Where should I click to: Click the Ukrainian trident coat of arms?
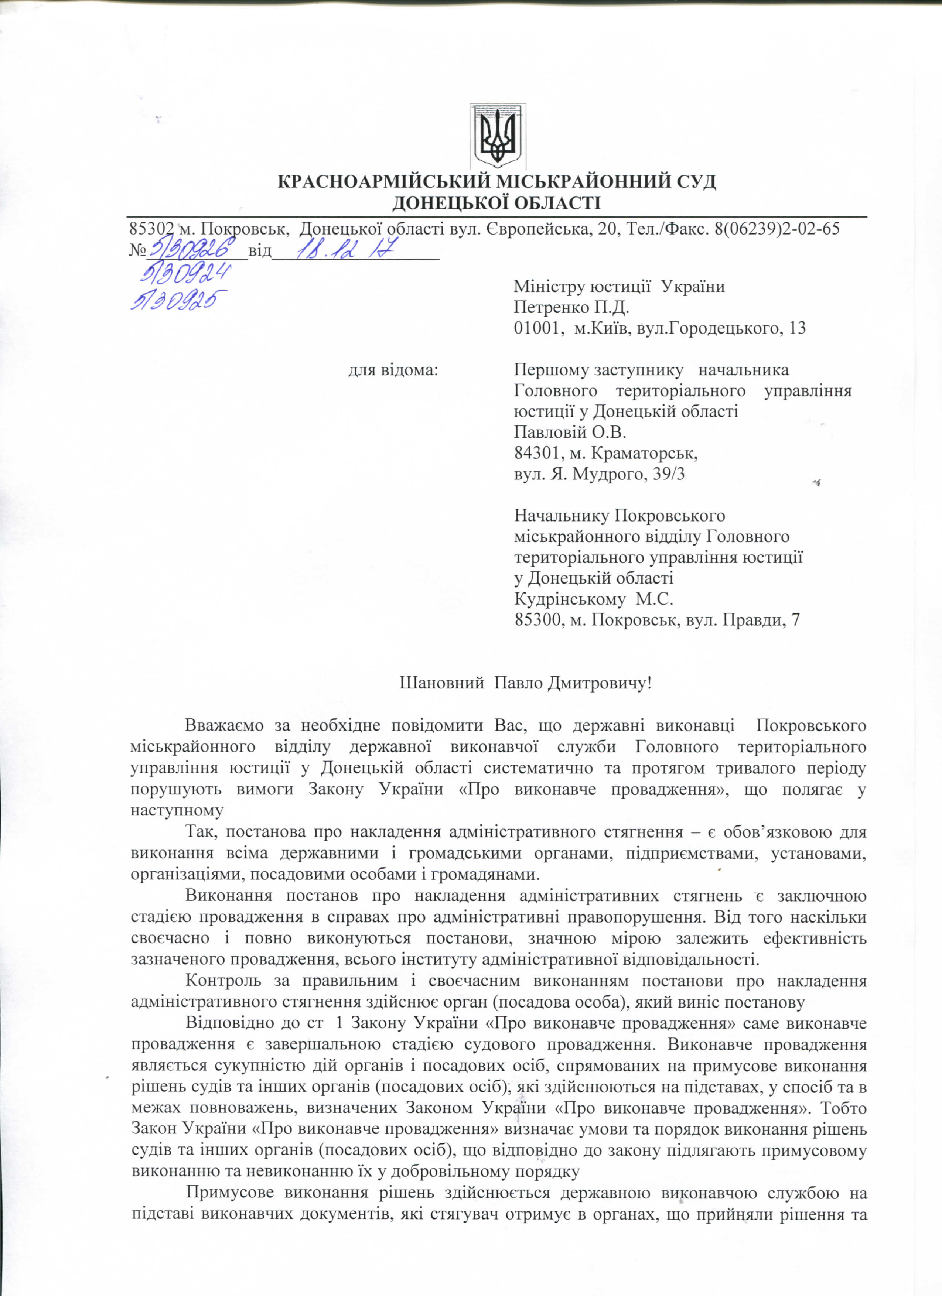point(497,136)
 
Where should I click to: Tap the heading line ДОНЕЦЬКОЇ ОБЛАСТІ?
point(496,203)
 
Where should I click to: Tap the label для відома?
point(394,370)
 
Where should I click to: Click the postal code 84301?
point(536,453)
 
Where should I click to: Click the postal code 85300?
point(536,620)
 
